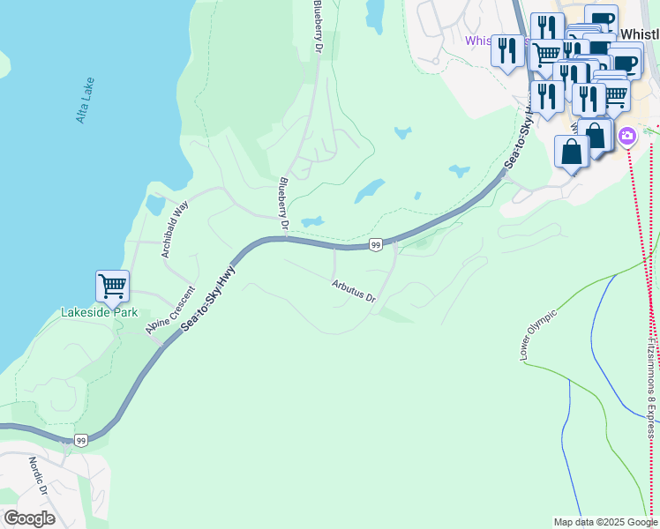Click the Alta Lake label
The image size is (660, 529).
coord(85,100)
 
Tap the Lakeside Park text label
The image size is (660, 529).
coord(98,312)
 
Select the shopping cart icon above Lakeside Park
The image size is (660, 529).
coord(112,287)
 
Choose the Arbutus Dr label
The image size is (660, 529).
coord(354,291)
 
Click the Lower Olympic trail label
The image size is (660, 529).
coord(538,335)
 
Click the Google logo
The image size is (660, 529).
coord(29,518)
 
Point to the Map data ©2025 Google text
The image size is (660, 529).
coord(604,522)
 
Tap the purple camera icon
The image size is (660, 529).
coord(627,136)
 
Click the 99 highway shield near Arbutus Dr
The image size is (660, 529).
coord(376,244)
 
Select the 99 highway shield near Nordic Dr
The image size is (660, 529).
coord(81,440)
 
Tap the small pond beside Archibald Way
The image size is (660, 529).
coord(156,205)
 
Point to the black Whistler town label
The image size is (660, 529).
coord(640,34)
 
